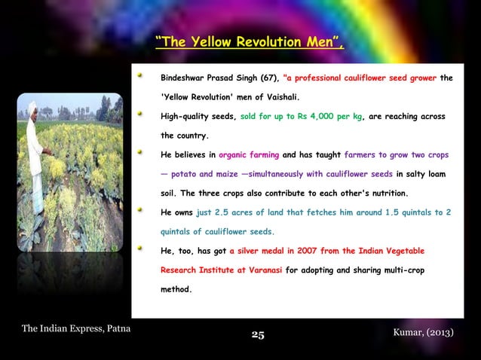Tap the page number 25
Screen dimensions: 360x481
(x=257, y=334)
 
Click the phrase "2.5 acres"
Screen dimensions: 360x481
(x=213, y=212)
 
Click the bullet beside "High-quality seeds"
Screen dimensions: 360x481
(x=139, y=115)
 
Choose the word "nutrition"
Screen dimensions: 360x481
(x=384, y=194)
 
